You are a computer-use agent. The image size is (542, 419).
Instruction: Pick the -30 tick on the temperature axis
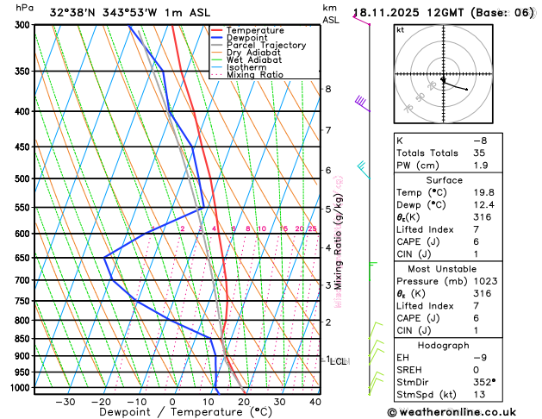click(65, 402)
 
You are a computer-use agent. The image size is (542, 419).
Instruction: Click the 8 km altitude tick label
click(327, 89)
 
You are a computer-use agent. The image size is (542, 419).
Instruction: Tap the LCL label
click(338, 361)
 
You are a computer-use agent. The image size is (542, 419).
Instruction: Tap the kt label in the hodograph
click(401, 29)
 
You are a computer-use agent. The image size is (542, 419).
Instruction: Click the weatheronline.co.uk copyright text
click(458, 411)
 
